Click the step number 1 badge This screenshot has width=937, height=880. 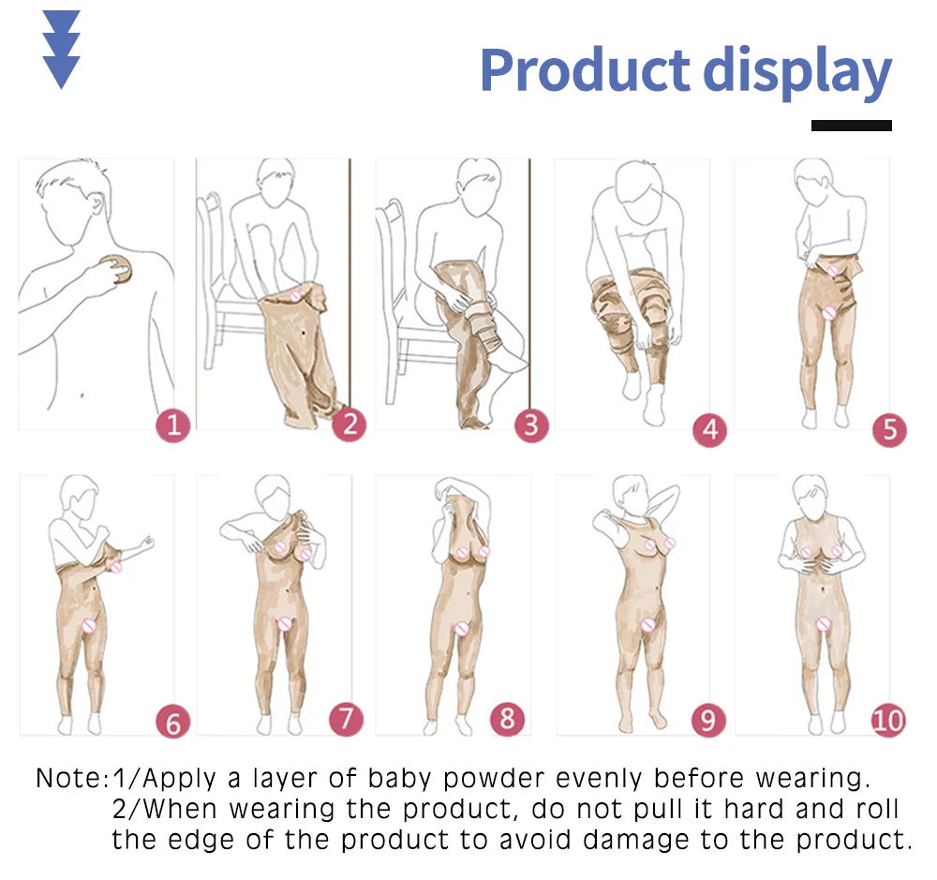tap(172, 426)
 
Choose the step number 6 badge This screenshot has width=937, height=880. tap(172, 723)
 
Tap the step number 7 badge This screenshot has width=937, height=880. tap(346, 719)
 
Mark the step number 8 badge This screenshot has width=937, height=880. tap(507, 719)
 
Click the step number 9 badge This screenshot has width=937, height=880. tap(708, 720)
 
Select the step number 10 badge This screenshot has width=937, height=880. tap(887, 720)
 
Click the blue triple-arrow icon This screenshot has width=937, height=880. tap(61, 49)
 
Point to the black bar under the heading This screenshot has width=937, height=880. tap(851, 125)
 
